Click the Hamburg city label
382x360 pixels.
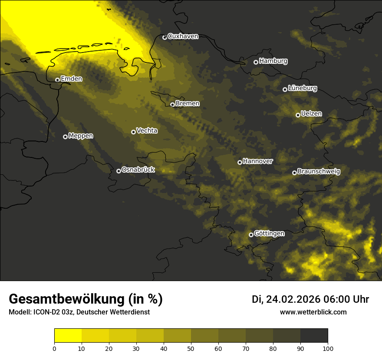pos(273,61)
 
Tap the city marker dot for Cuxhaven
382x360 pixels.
pos(165,37)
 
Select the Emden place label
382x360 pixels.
pos(71,79)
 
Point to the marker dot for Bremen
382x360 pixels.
pos(172,105)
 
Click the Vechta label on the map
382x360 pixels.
pos(147,131)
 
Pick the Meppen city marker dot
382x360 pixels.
pos(65,137)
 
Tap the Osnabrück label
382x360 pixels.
pos(138,170)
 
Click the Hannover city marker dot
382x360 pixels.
pos(240,162)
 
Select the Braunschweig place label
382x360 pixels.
pos(319,172)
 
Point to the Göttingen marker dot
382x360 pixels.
pos(251,235)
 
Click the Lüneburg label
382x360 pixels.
pos(302,88)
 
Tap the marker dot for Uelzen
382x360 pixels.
pos(298,115)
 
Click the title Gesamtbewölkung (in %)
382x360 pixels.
pos(86,299)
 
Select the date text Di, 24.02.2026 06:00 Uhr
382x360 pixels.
pos(310,299)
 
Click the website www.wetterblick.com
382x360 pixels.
pos(313,312)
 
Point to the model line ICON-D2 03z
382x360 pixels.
pos(79,312)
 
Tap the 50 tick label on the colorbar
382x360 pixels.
pos(191,348)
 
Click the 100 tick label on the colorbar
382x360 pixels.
pos(328,348)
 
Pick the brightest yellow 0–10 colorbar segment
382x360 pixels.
pos(68,336)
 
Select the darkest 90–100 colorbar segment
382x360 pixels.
pos(314,336)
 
